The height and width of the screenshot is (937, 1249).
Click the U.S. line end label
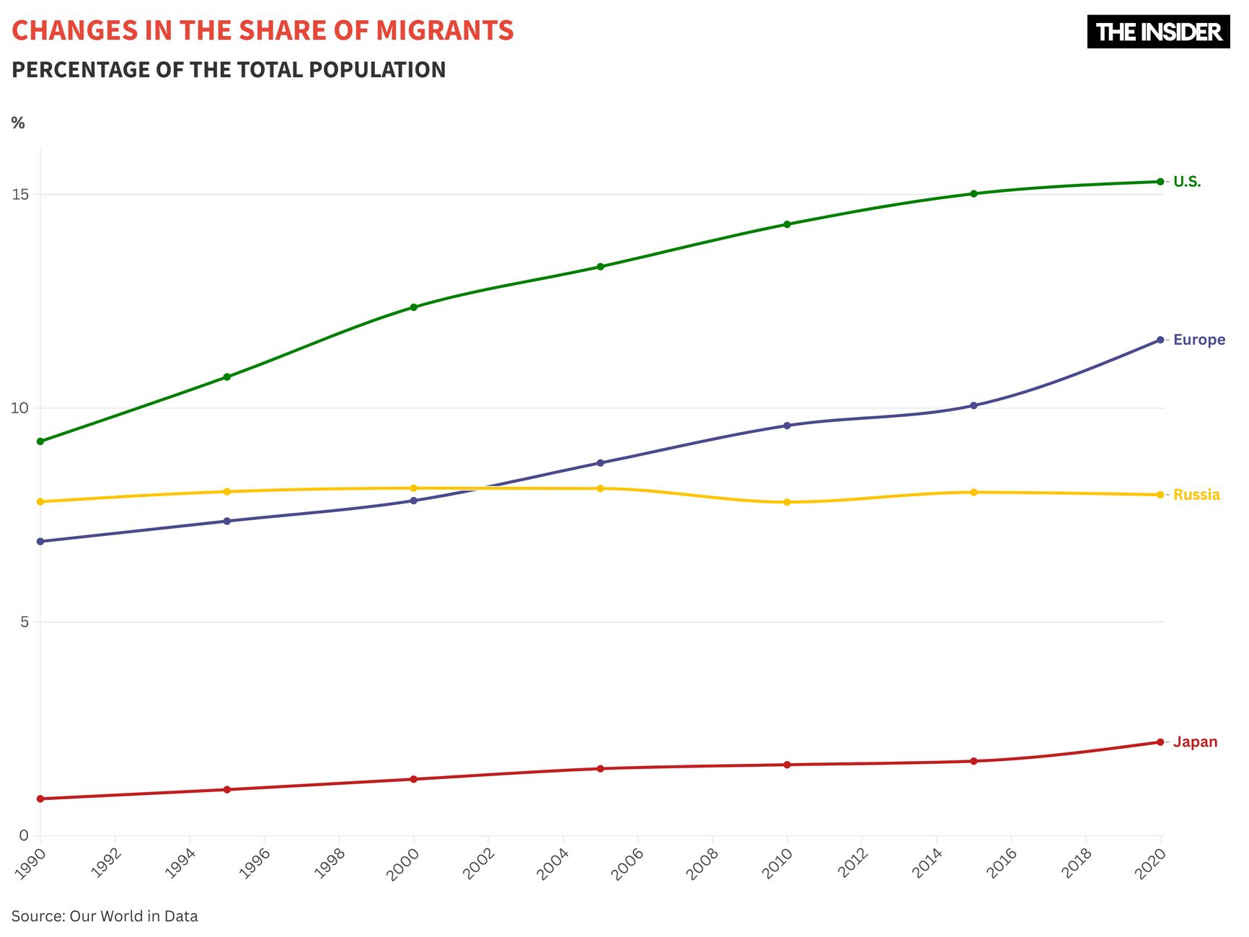[x=1187, y=182]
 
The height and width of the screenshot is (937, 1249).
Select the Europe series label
[x=1199, y=340]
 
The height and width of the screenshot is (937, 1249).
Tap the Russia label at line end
[x=1196, y=495]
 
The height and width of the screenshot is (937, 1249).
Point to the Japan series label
[x=1195, y=742]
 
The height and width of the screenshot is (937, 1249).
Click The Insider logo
[x=1158, y=32]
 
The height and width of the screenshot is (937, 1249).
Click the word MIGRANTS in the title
[x=445, y=31]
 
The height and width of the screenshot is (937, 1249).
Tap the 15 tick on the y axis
[x=20, y=194]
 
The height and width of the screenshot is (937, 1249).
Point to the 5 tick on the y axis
[x=25, y=622]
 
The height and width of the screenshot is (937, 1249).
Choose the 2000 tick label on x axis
[x=403, y=863]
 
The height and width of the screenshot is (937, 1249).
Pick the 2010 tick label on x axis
[x=777, y=863]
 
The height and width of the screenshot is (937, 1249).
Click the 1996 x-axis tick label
[x=254, y=863]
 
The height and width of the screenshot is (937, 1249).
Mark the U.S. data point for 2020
[x=1160, y=182]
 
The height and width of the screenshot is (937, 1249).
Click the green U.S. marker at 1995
[x=227, y=377]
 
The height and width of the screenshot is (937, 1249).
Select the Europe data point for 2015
[x=974, y=406]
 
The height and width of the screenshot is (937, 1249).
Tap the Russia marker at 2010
[x=787, y=502]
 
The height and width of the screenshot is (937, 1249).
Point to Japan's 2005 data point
[x=600, y=769]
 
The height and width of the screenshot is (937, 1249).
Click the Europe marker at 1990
[x=40, y=542]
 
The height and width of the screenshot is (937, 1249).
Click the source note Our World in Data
[x=133, y=917]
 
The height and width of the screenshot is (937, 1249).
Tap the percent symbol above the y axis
[x=18, y=123]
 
